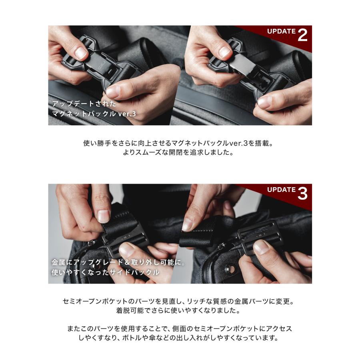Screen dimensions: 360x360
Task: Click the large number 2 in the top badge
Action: coord(302,35)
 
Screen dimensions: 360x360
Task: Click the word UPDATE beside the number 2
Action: coord(281,31)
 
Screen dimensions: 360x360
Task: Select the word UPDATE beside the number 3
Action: coord(281,190)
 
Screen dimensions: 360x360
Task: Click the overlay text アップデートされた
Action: coord(84,104)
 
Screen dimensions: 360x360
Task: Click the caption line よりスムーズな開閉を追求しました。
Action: coord(180,152)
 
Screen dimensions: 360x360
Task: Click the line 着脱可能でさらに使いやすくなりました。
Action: coord(180,310)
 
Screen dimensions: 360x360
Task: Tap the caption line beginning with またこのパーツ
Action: coord(180,328)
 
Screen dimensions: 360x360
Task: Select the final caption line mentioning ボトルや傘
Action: coord(180,338)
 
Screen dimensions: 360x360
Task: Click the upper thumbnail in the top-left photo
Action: coord(82,52)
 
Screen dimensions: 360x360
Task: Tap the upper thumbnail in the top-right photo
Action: coord(224,52)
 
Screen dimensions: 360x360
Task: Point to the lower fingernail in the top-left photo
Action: coord(113,92)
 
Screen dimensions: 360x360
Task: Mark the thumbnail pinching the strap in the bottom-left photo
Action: coord(103,216)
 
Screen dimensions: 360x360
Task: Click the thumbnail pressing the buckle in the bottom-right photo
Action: coord(262,247)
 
